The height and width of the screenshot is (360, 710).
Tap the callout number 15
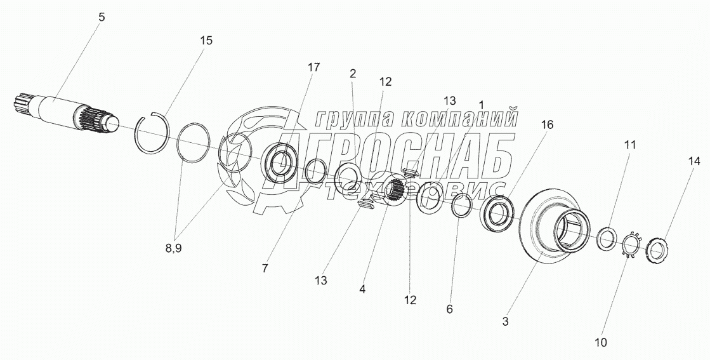(206, 40)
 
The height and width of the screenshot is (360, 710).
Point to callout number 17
(313, 67)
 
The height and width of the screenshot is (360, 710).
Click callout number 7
(264, 268)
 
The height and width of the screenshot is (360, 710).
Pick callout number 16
(546, 125)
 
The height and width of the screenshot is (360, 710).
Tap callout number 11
(629, 145)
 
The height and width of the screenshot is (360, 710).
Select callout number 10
(601, 342)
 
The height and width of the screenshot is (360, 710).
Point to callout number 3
(506, 321)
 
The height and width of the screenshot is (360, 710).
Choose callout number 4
(362, 289)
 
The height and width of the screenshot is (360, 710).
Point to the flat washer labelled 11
(607, 236)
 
